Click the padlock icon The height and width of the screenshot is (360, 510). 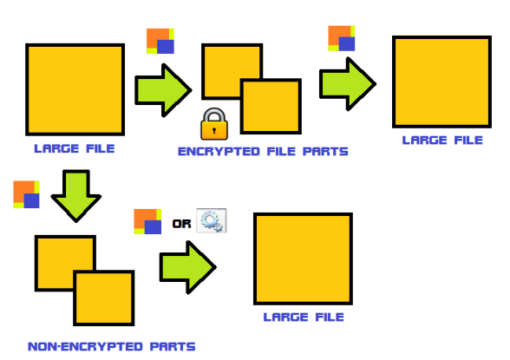pos(214,124)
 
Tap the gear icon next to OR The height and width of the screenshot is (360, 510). pos(212,221)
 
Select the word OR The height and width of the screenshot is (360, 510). pos(181,224)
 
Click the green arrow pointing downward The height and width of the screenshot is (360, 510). pos(76,196)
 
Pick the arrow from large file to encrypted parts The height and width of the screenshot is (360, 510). pos(163,90)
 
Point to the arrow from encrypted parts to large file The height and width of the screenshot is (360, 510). pos(348,84)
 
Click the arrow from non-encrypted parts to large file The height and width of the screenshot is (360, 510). pos(187,267)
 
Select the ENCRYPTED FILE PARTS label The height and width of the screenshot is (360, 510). pos(263,152)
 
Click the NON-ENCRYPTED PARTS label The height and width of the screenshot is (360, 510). pos(112,346)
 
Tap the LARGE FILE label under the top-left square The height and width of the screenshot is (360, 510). pos(75,148)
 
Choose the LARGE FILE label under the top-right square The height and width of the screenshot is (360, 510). pos(442,141)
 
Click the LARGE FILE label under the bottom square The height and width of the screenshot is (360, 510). pos(304,317)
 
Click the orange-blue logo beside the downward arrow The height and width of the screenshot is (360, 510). pos(26,194)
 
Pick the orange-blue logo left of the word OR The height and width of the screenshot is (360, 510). pos(147,221)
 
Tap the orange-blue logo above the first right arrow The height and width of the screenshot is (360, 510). pos(160,41)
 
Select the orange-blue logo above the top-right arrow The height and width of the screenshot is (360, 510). pos(342,38)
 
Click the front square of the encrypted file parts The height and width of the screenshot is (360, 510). pos(271,106)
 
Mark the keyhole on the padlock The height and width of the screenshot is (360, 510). pos(214,131)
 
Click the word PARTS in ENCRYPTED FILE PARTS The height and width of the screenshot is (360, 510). pos(325,152)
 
